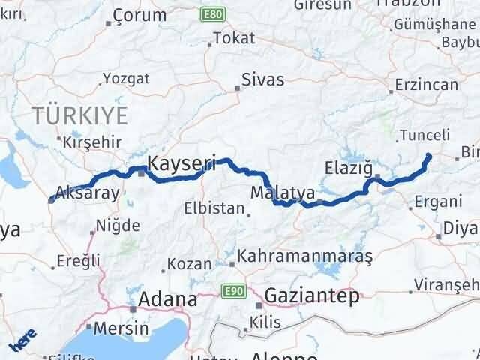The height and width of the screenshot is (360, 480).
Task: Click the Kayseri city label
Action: pos(182,162)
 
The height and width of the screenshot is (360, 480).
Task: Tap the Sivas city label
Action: pos(262,79)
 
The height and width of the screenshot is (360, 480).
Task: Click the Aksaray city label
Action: pos(88,193)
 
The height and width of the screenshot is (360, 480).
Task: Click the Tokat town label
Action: pos(234,38)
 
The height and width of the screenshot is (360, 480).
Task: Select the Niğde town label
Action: pos(118,225)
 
